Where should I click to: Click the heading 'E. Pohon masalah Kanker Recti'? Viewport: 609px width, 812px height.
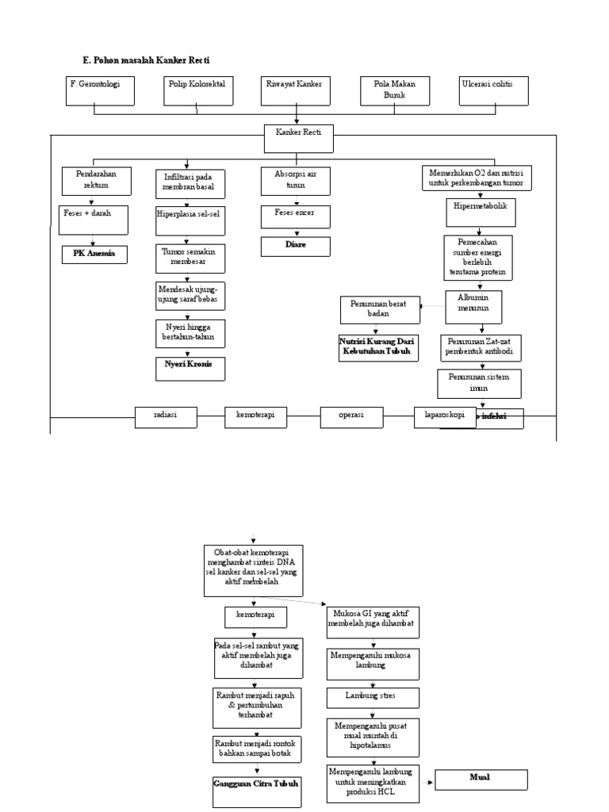(x=147, y=60)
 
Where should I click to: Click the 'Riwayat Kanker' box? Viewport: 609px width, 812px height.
(x=295, y=90)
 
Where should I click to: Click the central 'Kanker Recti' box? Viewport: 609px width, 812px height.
(x=298, y=138)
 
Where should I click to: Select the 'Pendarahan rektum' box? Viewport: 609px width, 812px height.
(x=94, y=180)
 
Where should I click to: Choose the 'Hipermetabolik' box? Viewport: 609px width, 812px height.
(x=479, y=210)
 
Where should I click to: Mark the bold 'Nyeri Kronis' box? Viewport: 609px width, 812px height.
(x=190, y=367)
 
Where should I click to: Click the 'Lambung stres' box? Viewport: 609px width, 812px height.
(x=370, y=696)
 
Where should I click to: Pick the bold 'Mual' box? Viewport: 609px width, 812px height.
(x=479, y=777)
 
